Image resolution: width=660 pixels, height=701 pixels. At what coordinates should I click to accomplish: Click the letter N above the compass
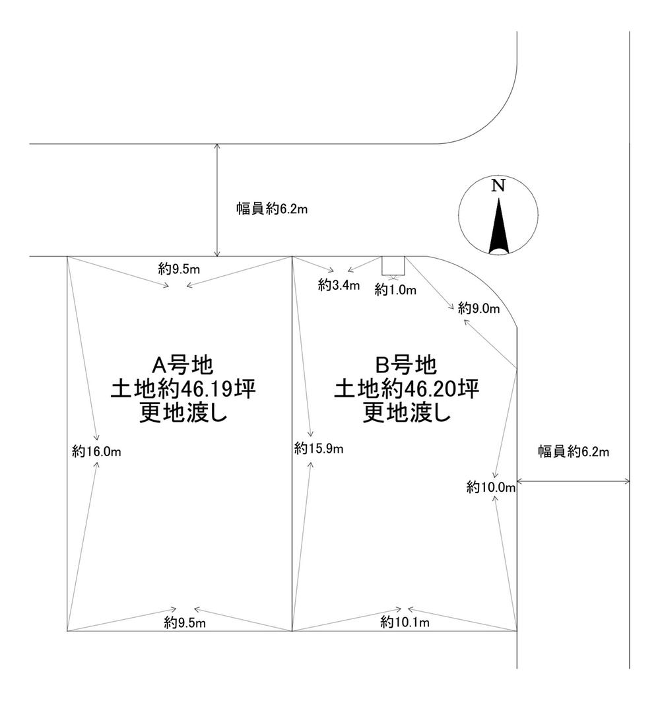click(x=499, y=185)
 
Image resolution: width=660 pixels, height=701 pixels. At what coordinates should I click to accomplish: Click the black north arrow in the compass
click(x=498, y=228)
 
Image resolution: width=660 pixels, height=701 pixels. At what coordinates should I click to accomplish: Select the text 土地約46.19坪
click(x=183, y=388)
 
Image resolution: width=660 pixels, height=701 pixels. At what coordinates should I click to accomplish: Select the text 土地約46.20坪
click(x=406, y=388)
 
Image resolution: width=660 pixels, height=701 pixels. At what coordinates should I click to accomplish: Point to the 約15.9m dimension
click(x=319, y=449)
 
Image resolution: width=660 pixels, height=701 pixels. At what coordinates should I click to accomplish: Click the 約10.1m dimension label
click(x=405, y=622)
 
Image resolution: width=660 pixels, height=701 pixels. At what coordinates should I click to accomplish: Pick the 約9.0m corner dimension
click(x=479, y=308)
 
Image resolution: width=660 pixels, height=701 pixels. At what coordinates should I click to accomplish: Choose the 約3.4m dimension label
click(x=339, y=285)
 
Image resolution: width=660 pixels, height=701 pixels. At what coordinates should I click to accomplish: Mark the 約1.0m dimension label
click(x=396, y=288)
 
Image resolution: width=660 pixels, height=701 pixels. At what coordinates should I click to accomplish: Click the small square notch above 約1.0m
click(x=393, y=265)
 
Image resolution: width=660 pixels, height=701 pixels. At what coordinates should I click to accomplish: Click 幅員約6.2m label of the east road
click(x=573, y=452)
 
